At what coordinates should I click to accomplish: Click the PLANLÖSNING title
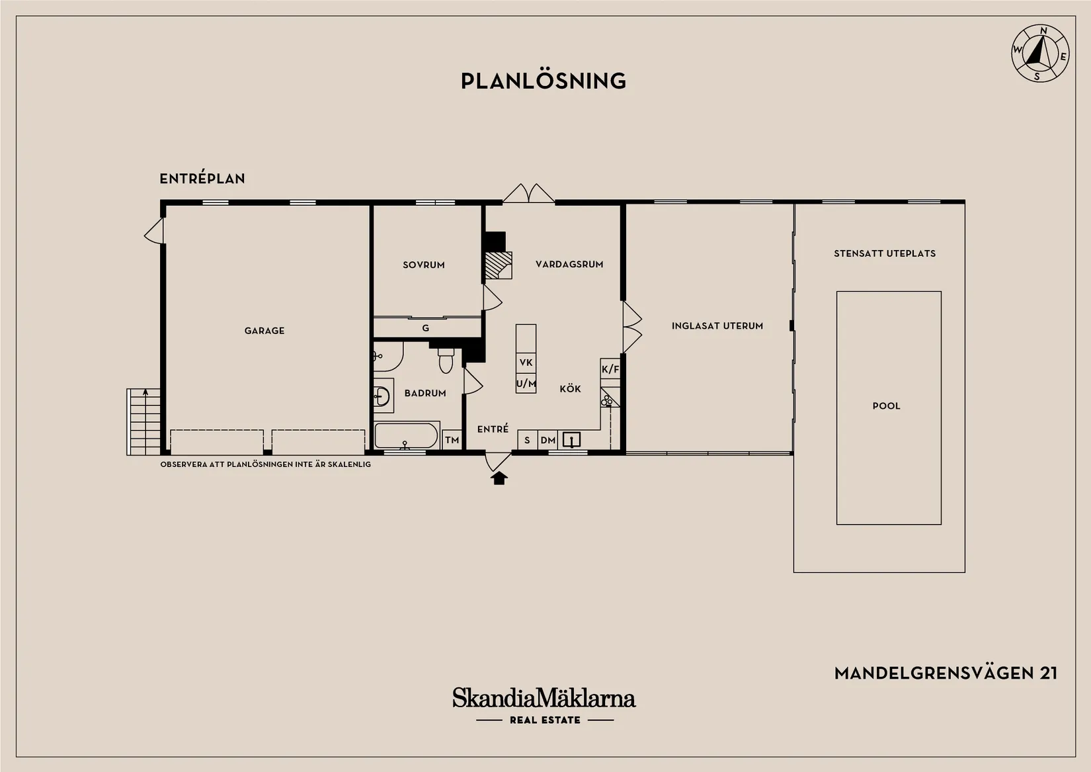click(543, 81)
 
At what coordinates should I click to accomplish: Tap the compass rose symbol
click(1040, 53)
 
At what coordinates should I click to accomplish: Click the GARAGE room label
click(264, 331)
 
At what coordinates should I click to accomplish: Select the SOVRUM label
click(424, 265)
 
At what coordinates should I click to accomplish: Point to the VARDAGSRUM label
click(569, 264)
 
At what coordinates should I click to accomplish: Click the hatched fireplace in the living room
click(499, 265)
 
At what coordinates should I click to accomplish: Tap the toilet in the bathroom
click(446, 360)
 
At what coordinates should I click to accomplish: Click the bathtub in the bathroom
click(406, 435)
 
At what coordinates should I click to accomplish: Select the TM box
click(452, 440)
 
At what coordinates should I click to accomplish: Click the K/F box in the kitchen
click(610, 369)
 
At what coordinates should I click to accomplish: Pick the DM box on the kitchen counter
click(548, 440)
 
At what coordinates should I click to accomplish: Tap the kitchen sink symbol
click(571, 440)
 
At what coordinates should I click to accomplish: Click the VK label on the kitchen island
click(526, 363)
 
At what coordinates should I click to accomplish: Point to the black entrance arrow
click(499, 478)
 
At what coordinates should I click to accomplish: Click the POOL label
click(887, 406)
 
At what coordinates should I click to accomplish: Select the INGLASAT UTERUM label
click(717, 325)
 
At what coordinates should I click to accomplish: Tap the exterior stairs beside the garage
click(143, 422)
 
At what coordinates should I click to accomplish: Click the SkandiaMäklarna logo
click(544, 705)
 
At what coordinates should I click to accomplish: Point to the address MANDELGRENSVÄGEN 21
click(946, 673)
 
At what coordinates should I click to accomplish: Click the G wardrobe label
click(426, 328)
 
